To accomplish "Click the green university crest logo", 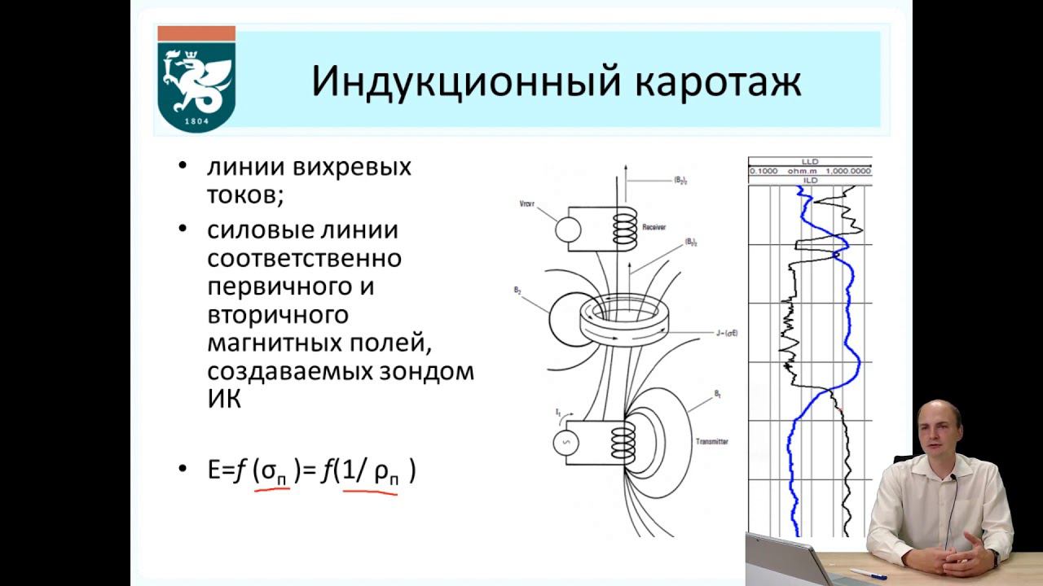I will click(x=196, y=80).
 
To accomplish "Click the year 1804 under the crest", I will click(x=196, y=120).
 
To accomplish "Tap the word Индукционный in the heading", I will click(x=453, y=81).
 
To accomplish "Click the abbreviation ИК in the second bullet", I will click(x=224, y=399).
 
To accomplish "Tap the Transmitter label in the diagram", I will click(x=711, y=441).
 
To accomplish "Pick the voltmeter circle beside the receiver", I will click(x=568, y=229).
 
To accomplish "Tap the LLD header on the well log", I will click(x=809, y=163).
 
